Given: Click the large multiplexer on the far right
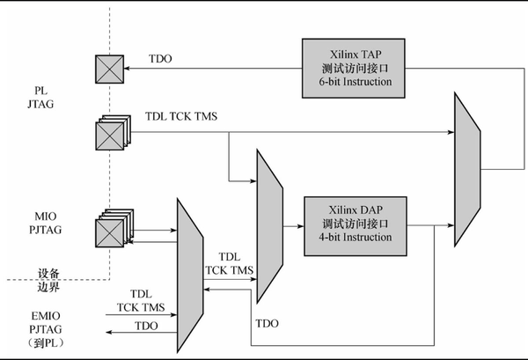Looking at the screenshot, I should click(467, 163).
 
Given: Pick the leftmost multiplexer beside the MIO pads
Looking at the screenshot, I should click(189, 266).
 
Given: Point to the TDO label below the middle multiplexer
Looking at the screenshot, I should click(267, 323).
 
